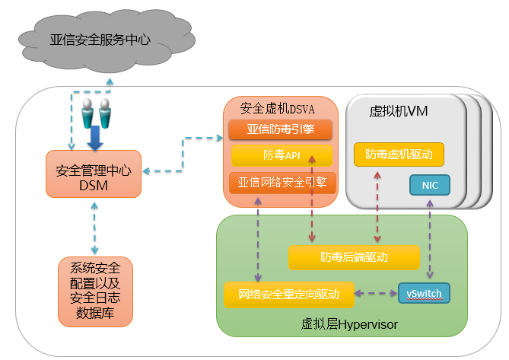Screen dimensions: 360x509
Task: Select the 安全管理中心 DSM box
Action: [93, 174]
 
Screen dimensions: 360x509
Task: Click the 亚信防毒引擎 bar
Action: [282, 129]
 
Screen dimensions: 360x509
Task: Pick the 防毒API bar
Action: [282, 155]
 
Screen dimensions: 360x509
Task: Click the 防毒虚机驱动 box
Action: [399, 155]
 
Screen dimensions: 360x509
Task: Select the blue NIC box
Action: [430, 185]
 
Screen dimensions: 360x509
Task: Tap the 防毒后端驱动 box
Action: [354, 257]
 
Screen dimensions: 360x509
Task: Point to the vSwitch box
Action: [425, 293]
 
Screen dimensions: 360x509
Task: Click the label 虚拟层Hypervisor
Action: [349, 325]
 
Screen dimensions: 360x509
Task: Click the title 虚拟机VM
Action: [398, 111]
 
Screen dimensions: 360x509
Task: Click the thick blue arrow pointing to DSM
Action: [96, 139]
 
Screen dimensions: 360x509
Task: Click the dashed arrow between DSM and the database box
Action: [94, 228]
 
